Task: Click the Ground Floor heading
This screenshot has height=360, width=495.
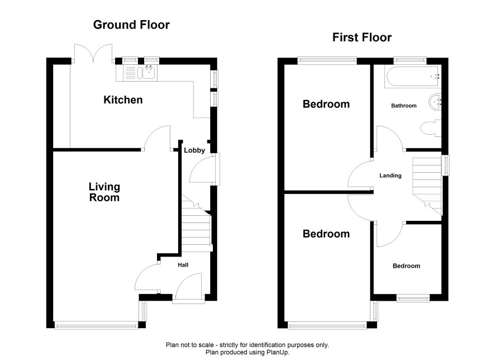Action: (131, 25)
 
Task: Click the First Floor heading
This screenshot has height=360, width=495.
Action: (362, 37)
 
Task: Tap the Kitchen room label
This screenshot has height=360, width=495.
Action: (123, 100)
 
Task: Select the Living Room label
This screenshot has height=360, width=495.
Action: (104, 192)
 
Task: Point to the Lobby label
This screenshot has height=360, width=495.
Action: (194, 150)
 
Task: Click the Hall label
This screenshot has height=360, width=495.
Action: (183, 265)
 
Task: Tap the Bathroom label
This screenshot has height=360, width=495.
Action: (404, 106)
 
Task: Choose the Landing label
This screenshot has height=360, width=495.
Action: (391, 176)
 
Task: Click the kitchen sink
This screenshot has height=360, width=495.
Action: (148, 72)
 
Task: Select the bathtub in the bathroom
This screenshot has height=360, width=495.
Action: (413, 77)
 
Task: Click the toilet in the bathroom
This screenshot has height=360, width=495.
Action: (431, 128)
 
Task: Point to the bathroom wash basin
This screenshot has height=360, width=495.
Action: (435, 102)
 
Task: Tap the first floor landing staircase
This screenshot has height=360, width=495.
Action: (427, 186)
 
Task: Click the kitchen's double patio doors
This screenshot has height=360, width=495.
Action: (93, 53)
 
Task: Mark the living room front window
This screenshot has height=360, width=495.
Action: (96, 325)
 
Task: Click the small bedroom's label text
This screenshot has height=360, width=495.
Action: (406, 266)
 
